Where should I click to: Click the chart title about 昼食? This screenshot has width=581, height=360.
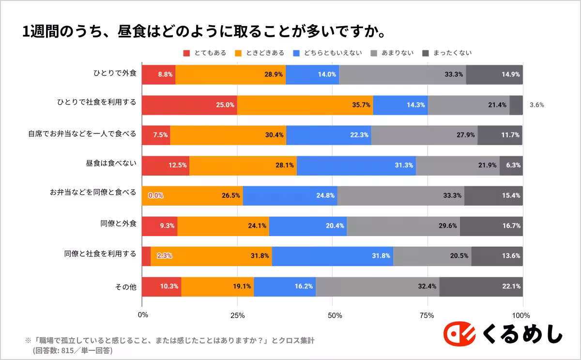204,32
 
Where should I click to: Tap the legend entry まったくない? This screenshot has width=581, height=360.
446,53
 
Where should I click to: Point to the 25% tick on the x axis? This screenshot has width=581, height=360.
237,315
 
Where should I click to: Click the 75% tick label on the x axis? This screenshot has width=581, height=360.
428,315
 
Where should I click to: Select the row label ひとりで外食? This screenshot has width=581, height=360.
115,75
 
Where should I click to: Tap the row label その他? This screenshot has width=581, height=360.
126,287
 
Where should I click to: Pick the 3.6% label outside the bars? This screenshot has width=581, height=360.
536,105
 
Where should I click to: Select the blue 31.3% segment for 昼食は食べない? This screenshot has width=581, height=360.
356,165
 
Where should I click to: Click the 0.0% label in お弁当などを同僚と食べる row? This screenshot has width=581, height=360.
155,195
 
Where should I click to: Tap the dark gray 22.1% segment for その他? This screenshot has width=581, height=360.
481,286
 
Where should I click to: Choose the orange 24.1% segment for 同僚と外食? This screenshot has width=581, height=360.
223,226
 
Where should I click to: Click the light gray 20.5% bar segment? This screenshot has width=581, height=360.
432,256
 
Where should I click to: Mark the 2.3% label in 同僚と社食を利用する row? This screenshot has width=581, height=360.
164,256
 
